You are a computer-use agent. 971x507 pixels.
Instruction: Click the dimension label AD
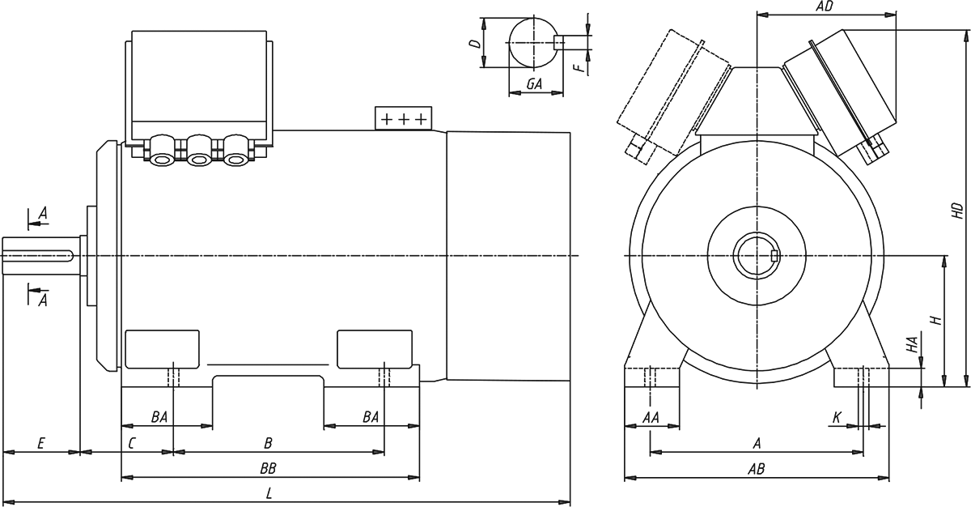coord(825,6)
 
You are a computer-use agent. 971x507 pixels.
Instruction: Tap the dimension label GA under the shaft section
coord(533,84)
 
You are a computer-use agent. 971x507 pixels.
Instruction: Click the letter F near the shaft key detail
coord(579,66)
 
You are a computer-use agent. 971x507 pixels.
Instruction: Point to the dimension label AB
coord(757,468)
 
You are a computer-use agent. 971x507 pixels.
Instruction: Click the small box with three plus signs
coord(404,118)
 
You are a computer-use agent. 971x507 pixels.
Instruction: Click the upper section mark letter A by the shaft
coord(43,212)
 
